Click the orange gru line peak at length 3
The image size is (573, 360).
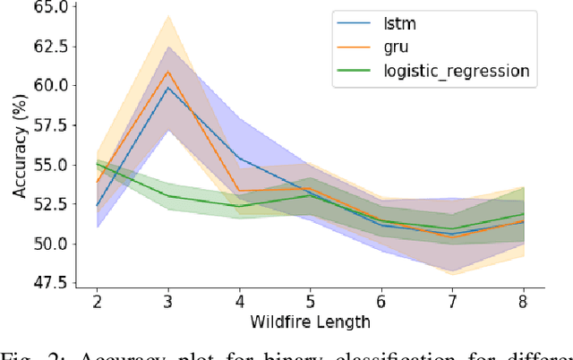tap(168, 72)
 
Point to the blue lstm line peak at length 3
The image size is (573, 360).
tap(168, 88)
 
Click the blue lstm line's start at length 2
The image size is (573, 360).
tap(98, 206)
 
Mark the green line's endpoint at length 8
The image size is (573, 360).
tap(523, 214)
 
